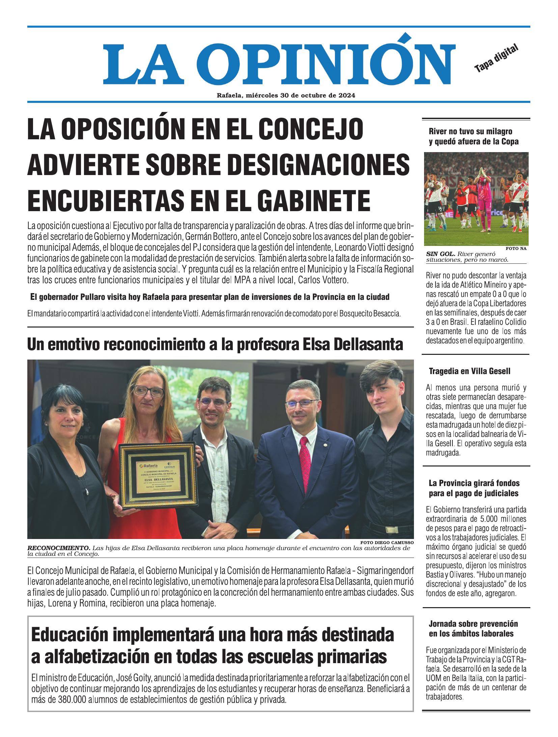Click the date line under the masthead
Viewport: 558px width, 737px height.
[286, 95]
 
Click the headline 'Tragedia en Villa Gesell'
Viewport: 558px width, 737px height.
[469, 371]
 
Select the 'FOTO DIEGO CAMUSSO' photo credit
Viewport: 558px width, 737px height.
[387, 543]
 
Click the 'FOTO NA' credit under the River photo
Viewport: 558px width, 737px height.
[516, 249]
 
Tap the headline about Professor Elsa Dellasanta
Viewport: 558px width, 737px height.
[215, 344]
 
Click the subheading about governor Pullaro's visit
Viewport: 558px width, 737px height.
[210, 297]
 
